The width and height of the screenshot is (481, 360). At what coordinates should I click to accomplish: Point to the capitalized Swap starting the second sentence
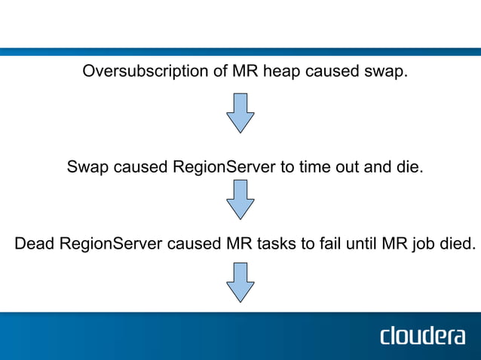[x=87, y=166]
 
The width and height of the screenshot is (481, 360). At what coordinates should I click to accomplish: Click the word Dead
[x=34, y=244]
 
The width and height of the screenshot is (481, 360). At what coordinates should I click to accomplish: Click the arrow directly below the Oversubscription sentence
[x=240, y=114]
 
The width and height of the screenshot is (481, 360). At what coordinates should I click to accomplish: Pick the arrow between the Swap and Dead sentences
[x=240, y=199]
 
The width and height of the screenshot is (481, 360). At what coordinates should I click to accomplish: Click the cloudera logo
[x=422, y=335]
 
